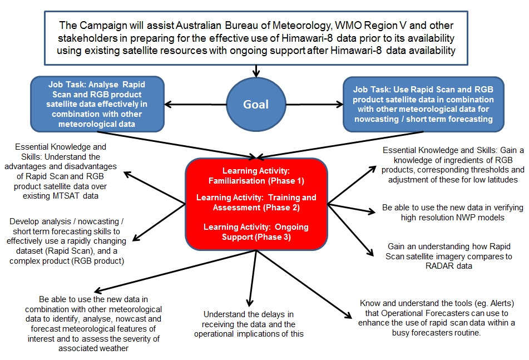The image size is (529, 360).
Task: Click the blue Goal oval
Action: [255, 104]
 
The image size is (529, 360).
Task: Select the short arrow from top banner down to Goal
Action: [255, 71]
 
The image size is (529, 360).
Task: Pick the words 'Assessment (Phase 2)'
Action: [255, 208]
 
